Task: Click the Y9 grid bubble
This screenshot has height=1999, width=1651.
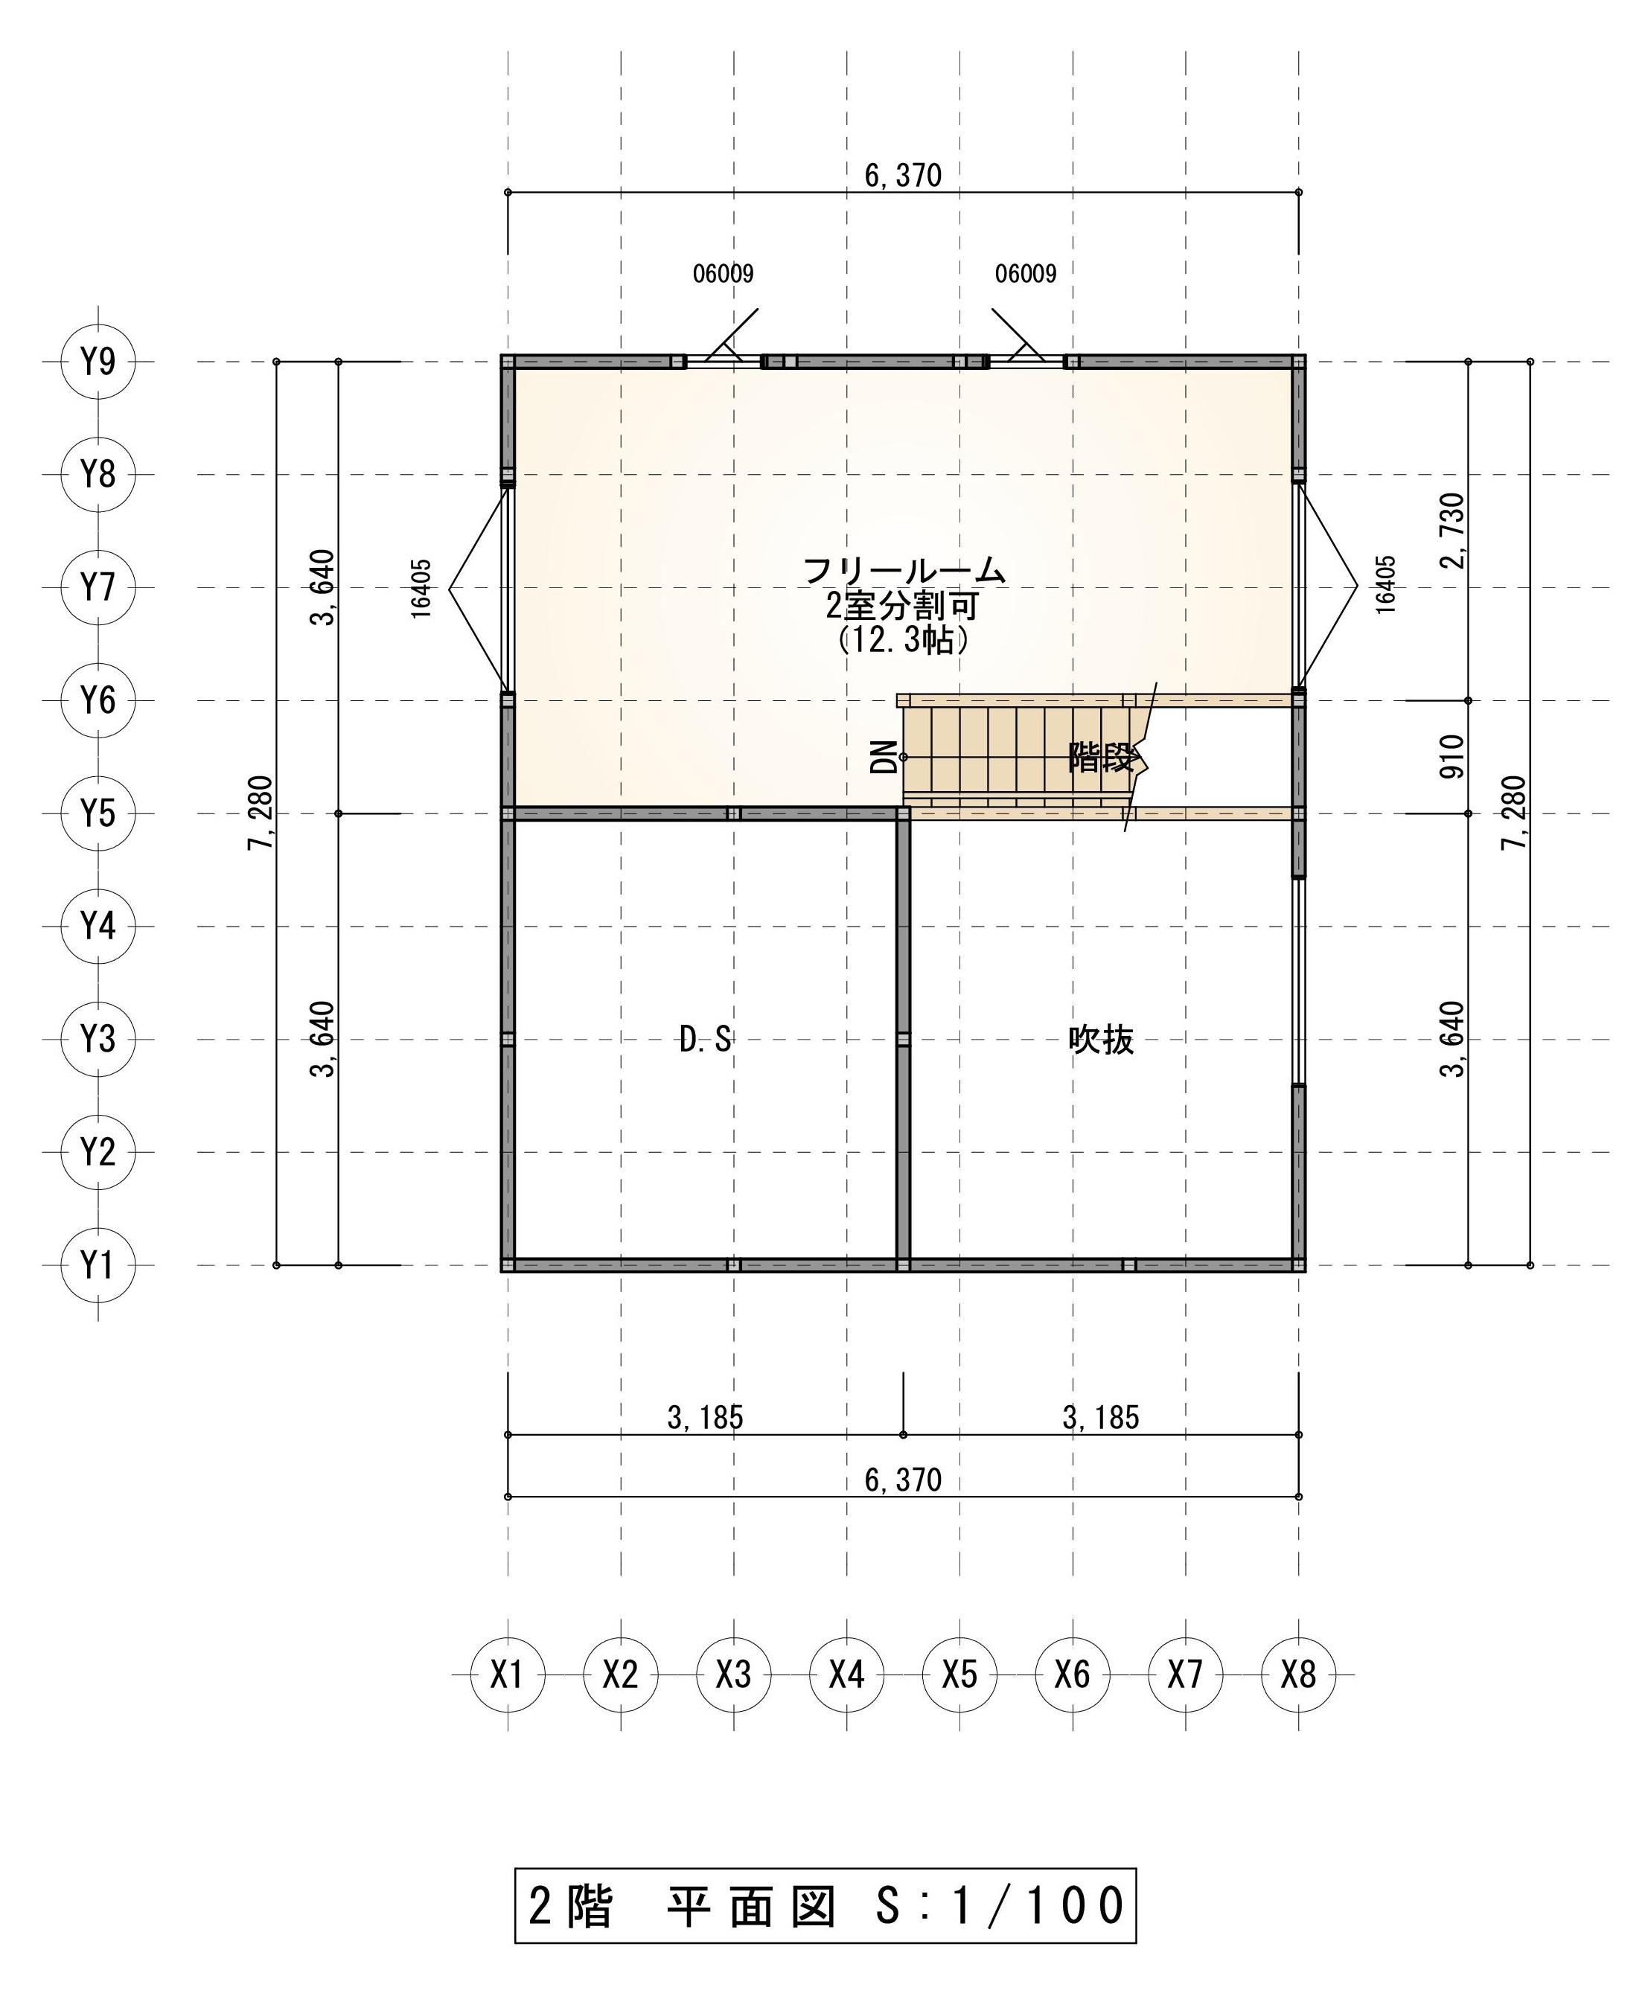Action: point(98,362)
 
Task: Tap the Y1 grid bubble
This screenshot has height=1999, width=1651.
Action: point(98,1265)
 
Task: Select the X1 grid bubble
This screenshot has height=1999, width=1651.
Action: point(508,1674)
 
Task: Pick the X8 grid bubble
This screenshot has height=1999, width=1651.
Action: point(1298,1674)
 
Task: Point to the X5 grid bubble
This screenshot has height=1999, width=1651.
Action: point(959,1674)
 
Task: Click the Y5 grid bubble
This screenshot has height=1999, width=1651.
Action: point(98,813)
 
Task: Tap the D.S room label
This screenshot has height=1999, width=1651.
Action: point(706,1040)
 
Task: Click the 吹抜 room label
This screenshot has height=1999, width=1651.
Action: point(1102,1040)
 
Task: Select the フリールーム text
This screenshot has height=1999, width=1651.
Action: point(904,571)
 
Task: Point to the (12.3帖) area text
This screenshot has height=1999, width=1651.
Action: point(904,640)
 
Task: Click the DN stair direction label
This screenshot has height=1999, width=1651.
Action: point(884,757)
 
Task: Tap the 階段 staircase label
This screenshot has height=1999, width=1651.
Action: point(1102,758)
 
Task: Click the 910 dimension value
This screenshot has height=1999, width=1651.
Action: point(1452,757)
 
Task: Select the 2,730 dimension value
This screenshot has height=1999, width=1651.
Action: point(1452,531)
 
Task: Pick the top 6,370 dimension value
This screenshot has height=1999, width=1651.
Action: point(904,175)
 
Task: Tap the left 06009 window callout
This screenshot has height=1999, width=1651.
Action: point(723,274)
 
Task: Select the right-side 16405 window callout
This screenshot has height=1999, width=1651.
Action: point(1386,585)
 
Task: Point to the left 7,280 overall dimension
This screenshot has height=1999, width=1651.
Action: point(261,813)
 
